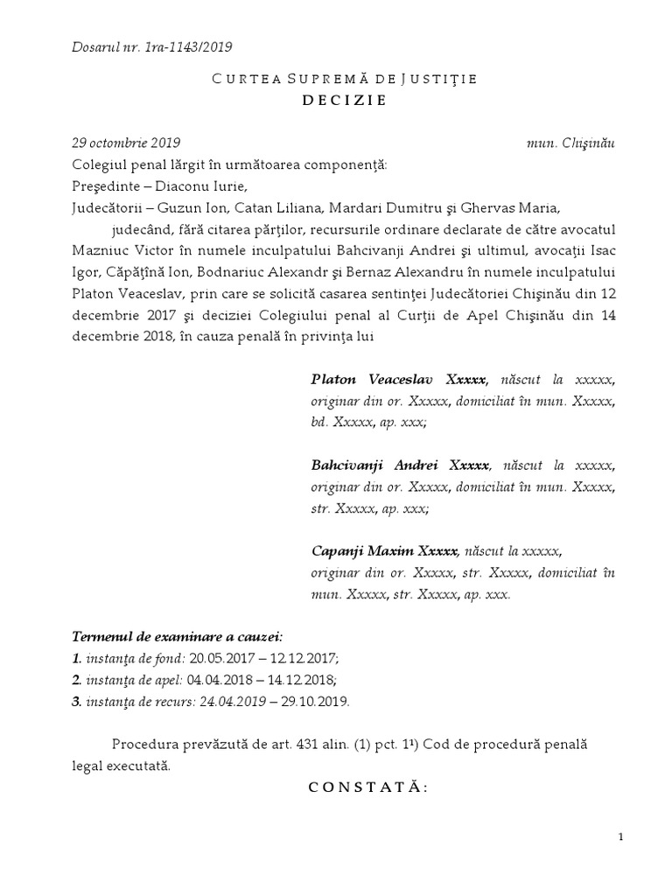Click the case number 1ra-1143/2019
[x=190, y=46]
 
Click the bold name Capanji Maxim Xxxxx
[x=384, y=551]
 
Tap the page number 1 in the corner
[x=620, y=837]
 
